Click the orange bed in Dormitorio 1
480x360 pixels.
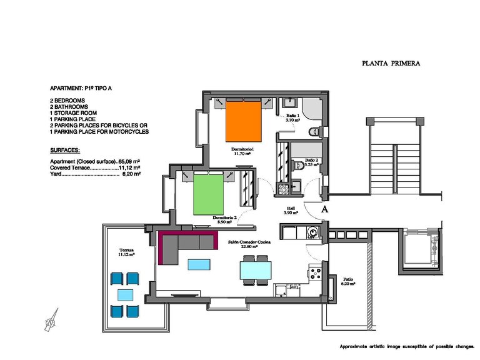tap(242, 123)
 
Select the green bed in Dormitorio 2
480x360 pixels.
tap(208, 194)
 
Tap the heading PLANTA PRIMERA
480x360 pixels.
tap(391, 63)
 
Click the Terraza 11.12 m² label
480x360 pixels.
tap(127, 252)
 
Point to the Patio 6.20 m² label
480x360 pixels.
tap(349, 281)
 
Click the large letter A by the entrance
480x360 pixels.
tap(324, 211)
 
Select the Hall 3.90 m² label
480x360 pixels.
tap(291, 211)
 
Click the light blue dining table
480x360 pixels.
tap(255, 270)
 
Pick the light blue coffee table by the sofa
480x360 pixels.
tap(199, 264)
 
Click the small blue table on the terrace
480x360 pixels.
tap(124, 294)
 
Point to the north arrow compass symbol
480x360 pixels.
tap(51, 320)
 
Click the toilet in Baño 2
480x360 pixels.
tap(299, 165)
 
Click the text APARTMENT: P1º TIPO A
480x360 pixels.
tap(81, 88)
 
